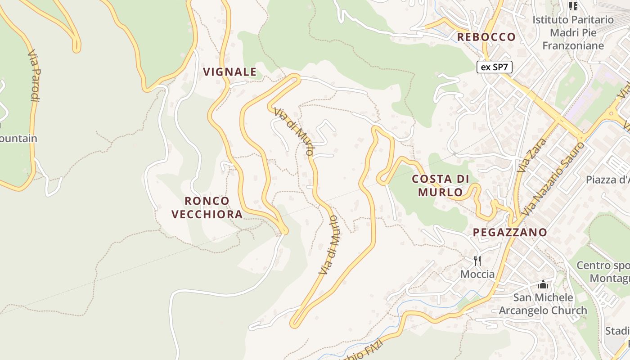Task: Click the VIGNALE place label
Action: click(x=229, y=72)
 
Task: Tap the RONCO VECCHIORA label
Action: click(x=207, y=207)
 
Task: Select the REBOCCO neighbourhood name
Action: click(x=486, y=37)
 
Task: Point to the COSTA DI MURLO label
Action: click(x=441, y=185)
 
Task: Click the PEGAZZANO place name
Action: click(x=510, y=233)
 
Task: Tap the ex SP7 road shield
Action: click(x=494, y=67)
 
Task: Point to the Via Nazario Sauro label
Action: click(x=554, y=178)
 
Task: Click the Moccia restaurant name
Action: click(x=477, y=274)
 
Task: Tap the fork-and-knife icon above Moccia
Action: click(x=477, y=261)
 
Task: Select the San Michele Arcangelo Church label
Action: click(x=543, y=304)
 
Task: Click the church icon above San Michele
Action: click(x=543, y=285)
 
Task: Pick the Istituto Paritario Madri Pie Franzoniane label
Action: click(x=573, y=32)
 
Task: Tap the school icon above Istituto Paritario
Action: click(x=573, y=6)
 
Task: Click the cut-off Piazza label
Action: click(x=607, y=180)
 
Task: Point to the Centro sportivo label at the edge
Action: click(x=603, y=272)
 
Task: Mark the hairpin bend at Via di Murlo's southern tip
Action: click(x=295, y=323)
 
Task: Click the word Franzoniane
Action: click(x=573, y=46)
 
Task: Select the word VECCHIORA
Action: click(x=207, y=214)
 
